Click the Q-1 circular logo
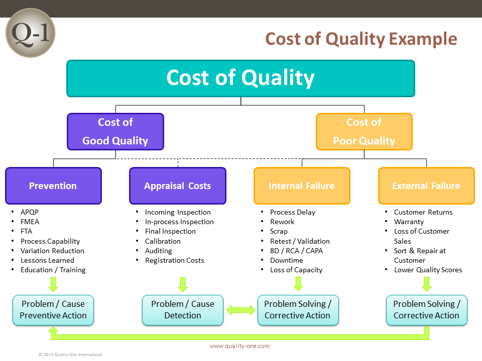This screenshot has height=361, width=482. [x=30, y=33]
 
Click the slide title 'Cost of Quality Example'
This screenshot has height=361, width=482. [x=361, y=39]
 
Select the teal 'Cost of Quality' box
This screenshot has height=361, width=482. [x=240, y=78]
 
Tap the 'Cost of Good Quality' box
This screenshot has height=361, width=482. [x=115, y=131]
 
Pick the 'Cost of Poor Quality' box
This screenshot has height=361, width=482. [x=364, y=131]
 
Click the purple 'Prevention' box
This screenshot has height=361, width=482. [x=53, y=186]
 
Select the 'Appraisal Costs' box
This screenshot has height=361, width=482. [x=178, y=186]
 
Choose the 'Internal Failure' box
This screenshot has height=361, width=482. [x=302, y=186]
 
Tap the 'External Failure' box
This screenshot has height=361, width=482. [x=426, y=186]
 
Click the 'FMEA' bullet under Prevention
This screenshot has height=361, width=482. [x=30, y=222]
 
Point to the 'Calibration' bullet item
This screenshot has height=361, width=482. [x=163, y=241]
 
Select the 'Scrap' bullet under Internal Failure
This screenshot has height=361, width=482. [x=279, y=231]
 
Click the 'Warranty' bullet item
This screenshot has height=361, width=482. [x=409, y=222]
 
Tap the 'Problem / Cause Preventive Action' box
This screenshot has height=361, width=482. [x=53, y=310]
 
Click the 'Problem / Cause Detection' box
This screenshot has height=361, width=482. [x=183, y=310]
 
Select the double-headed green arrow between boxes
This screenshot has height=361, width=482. [x=240, y=310]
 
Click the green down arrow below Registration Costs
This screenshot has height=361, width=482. [x=183, y=284]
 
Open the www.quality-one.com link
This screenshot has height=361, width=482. [x=239, y=346]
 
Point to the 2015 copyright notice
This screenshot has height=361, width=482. [x=70, y=354]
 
